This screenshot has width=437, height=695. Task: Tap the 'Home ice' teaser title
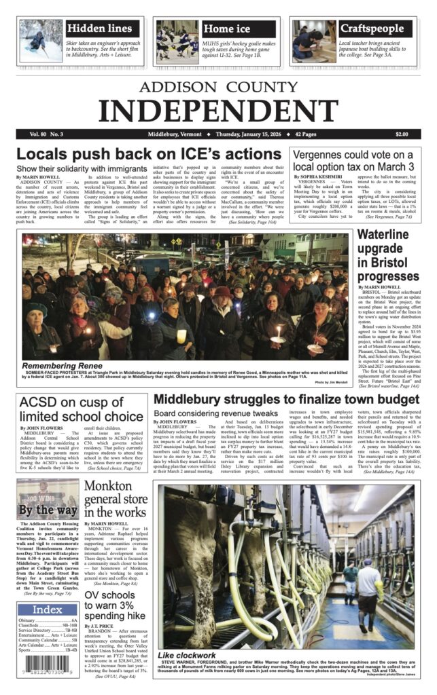click(x=227, y=29)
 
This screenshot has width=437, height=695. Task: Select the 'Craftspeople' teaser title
click(x=371, y=29)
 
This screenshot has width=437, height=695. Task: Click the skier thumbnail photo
click(x=41, y=41)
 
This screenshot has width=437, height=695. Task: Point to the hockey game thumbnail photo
click(x=176, y=41)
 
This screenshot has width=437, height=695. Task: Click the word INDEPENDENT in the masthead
click(x=217, y=109)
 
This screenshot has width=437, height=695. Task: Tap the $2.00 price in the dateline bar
click(x=401, y=134)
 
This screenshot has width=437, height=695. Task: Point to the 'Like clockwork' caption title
click(x=188, y=655)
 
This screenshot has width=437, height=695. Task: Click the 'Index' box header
click(x=47, y=609)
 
